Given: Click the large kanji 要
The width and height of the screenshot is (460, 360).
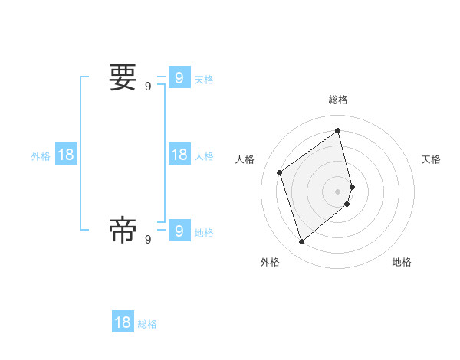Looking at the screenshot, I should tap(123, 77).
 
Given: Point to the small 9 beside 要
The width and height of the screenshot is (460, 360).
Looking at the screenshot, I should tap(148, 87).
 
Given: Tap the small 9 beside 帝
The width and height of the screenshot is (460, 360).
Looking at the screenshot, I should tap(148, 240).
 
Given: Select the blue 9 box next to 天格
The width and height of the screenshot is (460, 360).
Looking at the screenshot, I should tap(179, 78).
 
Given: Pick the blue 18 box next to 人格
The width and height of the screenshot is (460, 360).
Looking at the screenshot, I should tap(179, 155).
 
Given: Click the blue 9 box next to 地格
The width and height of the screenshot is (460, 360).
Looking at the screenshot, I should tap(179, 231).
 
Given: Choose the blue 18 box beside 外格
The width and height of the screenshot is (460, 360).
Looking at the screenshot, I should tap(66, 155).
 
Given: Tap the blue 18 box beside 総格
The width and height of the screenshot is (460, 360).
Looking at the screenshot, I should tap(123, 322).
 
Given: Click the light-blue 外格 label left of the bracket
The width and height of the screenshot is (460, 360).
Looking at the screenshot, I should tap(41, 156).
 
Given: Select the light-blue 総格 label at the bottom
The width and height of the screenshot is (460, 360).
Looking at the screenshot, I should tap(147, 324).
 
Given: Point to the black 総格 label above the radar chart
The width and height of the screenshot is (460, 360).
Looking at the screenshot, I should tap(338, 100).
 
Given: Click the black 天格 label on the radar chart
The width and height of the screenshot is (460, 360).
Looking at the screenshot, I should tap(431, 159).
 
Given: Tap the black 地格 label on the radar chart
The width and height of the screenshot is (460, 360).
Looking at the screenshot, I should tap(402, 262).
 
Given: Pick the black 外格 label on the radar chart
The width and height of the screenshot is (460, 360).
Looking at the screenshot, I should tap(270, 262).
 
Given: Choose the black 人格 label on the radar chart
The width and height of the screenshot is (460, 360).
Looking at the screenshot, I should tap(245, 159).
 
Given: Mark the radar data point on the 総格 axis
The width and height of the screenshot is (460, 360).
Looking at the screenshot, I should tap(338, 130).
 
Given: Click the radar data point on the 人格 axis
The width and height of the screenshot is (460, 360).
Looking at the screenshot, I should tap(280, 172).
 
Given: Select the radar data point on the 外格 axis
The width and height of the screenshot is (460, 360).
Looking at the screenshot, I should tap(301, 242).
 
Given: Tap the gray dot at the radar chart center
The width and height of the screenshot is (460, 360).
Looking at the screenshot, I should tap(338, 191).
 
